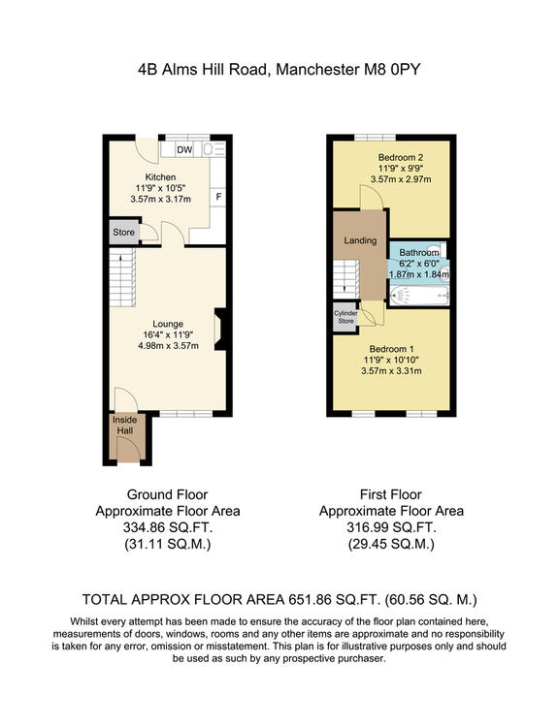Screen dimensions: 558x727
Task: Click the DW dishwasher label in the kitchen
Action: (184, 149)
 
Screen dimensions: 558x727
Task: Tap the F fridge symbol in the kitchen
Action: (218, 197)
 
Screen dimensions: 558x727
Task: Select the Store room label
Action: (124, 233)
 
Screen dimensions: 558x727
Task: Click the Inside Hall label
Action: (125, 426)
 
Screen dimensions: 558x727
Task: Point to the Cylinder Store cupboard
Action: (345, 317)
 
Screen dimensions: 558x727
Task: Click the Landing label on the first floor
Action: (360, 240)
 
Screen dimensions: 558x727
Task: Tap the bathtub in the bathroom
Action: (419, 296)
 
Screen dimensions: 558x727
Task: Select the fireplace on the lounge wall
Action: (219, 330)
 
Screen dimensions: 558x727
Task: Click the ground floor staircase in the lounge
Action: (122, 277)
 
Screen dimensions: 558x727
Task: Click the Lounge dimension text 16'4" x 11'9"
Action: (168, 334)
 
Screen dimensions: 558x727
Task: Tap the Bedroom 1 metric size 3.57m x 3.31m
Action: (391, 371)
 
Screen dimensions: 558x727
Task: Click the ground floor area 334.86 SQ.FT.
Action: (168, 527)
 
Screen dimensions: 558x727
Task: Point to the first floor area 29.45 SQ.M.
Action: (391, 544)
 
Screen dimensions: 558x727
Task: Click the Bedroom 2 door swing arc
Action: (372, 197)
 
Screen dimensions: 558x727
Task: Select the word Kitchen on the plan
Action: (161, 177)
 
